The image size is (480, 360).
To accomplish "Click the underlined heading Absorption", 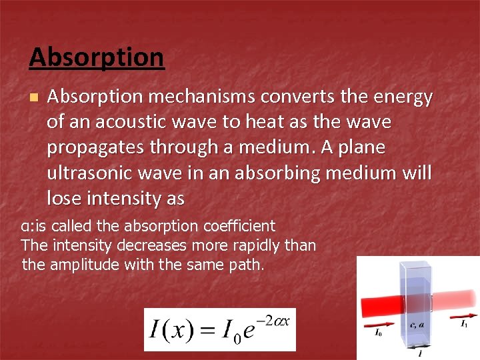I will [97, 57].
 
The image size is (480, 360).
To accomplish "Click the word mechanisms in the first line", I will [201, 97].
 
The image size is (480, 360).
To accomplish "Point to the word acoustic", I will [140, 123].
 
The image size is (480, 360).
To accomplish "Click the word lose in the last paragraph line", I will [65, 199].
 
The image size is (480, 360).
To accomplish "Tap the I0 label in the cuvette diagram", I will [377, 331].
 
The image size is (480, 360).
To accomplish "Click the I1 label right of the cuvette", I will [464, 323].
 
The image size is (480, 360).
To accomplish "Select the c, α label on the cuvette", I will [417, 325].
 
